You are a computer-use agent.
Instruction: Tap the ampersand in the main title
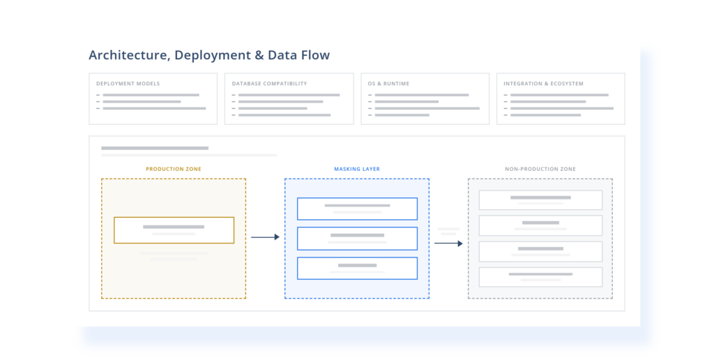[x=259, y=55]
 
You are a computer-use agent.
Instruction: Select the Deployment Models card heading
[x=128, y=84]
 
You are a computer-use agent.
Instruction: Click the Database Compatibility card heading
[x=270, y=84]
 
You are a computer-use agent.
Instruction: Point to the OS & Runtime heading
[x=388, y=84]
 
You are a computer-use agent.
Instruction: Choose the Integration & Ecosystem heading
[x=543, y=84]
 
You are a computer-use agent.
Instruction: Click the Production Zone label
[x=174, y=169]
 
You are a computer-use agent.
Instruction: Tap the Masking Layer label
[x=357, y=169]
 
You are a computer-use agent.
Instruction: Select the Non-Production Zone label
[x=540, y=169]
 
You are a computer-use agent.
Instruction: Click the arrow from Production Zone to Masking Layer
[x=265, y=237]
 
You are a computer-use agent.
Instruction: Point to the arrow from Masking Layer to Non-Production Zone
[x=448, y=243]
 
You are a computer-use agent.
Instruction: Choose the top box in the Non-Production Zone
[x=540, y=200]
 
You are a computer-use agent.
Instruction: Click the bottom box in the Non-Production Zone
[x=540, y=277]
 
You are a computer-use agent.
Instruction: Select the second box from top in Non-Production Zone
[x=540, y=225]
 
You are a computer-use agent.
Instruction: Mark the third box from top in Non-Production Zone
[x=540, y=252]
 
